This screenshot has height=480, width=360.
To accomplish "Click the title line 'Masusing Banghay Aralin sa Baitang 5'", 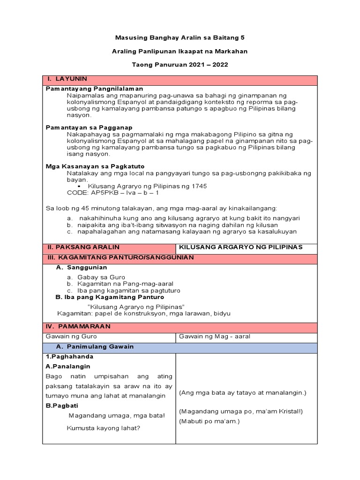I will click(x=180, y=37).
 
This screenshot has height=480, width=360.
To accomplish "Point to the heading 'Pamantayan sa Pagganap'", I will click(x=89, y=127).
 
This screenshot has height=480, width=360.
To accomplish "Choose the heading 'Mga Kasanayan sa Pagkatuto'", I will click(x=95, y=166).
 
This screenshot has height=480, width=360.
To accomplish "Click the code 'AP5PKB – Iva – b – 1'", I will click(x=113, y=193).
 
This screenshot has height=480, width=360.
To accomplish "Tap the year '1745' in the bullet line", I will click(x=198, y=186).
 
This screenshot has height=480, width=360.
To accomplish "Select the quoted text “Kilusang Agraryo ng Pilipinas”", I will click(x=136, y=306).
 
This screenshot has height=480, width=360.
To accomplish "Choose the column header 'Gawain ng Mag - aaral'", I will click(x=211, y=337).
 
